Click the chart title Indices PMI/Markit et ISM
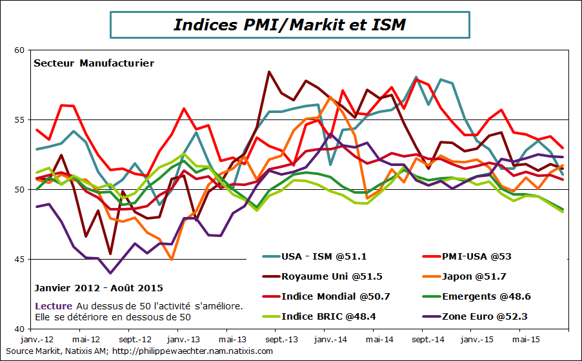pos(290,25)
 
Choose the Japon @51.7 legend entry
pos(474,276)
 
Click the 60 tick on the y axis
pos(19,50)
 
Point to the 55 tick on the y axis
pos(19,120)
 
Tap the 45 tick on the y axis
pos(19,260)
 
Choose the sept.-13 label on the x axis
pos(281,339)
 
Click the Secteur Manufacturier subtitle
pos(94,63)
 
